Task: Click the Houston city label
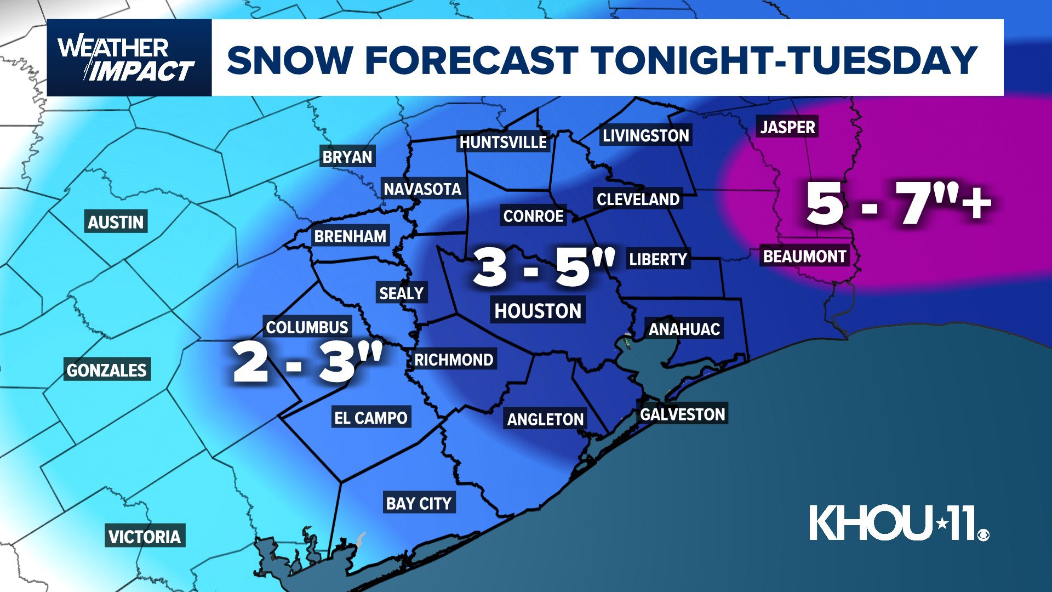538,311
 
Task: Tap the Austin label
116,222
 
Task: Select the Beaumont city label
804,256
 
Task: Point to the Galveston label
683,414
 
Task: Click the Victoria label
145,537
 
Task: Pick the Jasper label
787,127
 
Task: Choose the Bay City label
419,503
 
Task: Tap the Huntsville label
503,143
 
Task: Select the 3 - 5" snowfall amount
544,267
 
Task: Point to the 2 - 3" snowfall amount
307,362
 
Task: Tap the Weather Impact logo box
129,58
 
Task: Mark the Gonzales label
107,371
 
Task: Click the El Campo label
371,418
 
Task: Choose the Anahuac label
684,329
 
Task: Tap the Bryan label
347,157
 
